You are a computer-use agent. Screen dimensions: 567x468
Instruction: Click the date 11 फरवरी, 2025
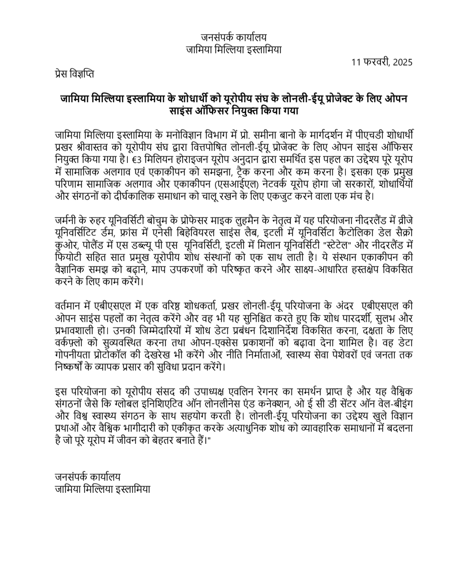click(x=382, y=62)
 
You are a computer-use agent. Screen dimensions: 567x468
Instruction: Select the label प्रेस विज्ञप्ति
click(x=75, y=74)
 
